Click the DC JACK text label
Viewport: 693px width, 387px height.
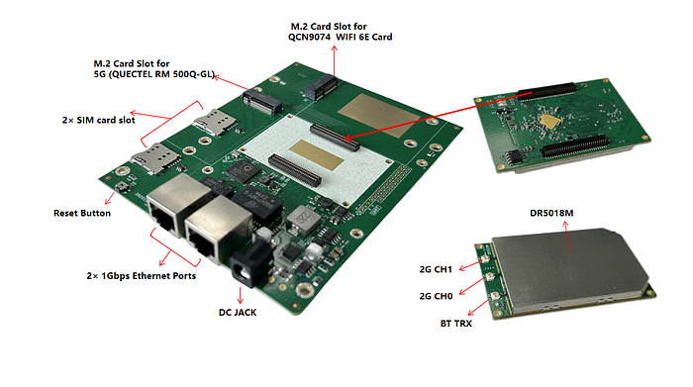click(x=238, y=313)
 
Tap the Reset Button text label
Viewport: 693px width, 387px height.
click(x=82, y=213)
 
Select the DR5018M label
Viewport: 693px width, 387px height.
click(x=551, y=213)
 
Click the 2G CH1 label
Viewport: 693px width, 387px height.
click(x=436, y=269)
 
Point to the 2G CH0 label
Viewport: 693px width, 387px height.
click(x=436, y=296)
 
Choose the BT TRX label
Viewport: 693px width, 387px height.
click(x=456, y=324)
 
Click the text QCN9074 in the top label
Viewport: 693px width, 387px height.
click(x=309, y=37)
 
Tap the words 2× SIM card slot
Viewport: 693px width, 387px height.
click(x=99, y=120)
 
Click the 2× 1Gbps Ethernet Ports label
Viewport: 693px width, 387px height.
click(x=142, y=276)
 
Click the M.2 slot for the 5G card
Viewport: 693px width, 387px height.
click(x=262, y=101)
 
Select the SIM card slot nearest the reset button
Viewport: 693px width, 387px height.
click(x=155, y=158)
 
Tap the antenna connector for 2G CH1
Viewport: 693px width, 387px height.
click(x=485, y=259)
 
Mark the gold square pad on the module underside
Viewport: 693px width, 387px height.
click(x=548, y=120)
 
